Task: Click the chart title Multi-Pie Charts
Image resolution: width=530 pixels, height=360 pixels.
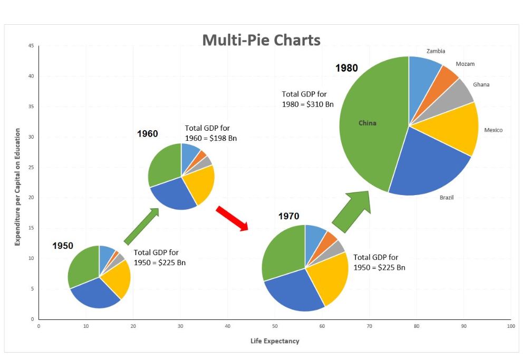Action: click(261, 40)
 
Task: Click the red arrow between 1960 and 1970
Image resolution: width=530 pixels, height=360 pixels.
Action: click(232, 218)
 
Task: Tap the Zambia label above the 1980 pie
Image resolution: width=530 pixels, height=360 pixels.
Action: click(436, 51)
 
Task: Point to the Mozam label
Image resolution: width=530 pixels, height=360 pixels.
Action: click(465, 64)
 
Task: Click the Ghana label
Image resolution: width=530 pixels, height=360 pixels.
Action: click(481, 84)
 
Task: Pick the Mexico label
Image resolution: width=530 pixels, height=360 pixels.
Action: click(494, 130)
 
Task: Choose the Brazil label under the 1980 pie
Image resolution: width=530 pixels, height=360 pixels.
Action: click(447, 198)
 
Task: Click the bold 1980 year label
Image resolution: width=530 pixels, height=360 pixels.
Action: click(346, 68)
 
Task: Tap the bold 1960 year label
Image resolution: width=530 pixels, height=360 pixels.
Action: click(147, 134)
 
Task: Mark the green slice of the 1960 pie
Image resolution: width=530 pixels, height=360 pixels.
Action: click(163, 163)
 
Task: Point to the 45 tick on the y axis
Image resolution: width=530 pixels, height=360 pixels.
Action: click(31, 46)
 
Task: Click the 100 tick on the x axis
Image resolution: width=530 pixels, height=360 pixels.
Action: click(510, 327)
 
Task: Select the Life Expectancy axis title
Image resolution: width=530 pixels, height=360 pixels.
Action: click(275, 341)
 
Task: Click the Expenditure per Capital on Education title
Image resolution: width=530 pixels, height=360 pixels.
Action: click(17, 187)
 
